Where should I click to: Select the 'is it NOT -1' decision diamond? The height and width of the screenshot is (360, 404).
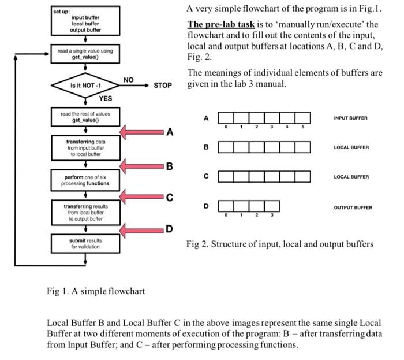click(x=86, y=86)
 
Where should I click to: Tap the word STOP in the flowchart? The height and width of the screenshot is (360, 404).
click(x=163, y=86)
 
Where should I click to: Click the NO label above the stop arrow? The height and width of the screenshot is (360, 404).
click(x=128, y=80)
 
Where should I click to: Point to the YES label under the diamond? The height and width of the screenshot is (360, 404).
click(x=104, y=98)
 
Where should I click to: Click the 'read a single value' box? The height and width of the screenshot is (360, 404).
click(x=85, y=54)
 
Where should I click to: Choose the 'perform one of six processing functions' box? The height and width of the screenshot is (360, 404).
click(x=85, y=180)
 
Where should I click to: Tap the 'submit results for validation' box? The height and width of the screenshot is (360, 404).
click(x=85, y=243)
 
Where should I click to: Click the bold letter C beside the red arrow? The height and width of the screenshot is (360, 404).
click(x=169, y=198)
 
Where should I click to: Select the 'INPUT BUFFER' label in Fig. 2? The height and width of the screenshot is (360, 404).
click(x=350, y=118)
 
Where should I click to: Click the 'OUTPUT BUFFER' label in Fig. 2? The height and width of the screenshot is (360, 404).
click(x=353, y=207)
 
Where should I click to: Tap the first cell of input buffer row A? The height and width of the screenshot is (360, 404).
click(x=226, y=118)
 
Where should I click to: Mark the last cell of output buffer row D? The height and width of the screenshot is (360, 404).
click(x=272, y=206)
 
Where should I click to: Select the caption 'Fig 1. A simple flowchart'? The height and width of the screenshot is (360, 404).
click(x=96, y=291)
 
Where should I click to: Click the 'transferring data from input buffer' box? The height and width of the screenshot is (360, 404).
click(x=85, y=147)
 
